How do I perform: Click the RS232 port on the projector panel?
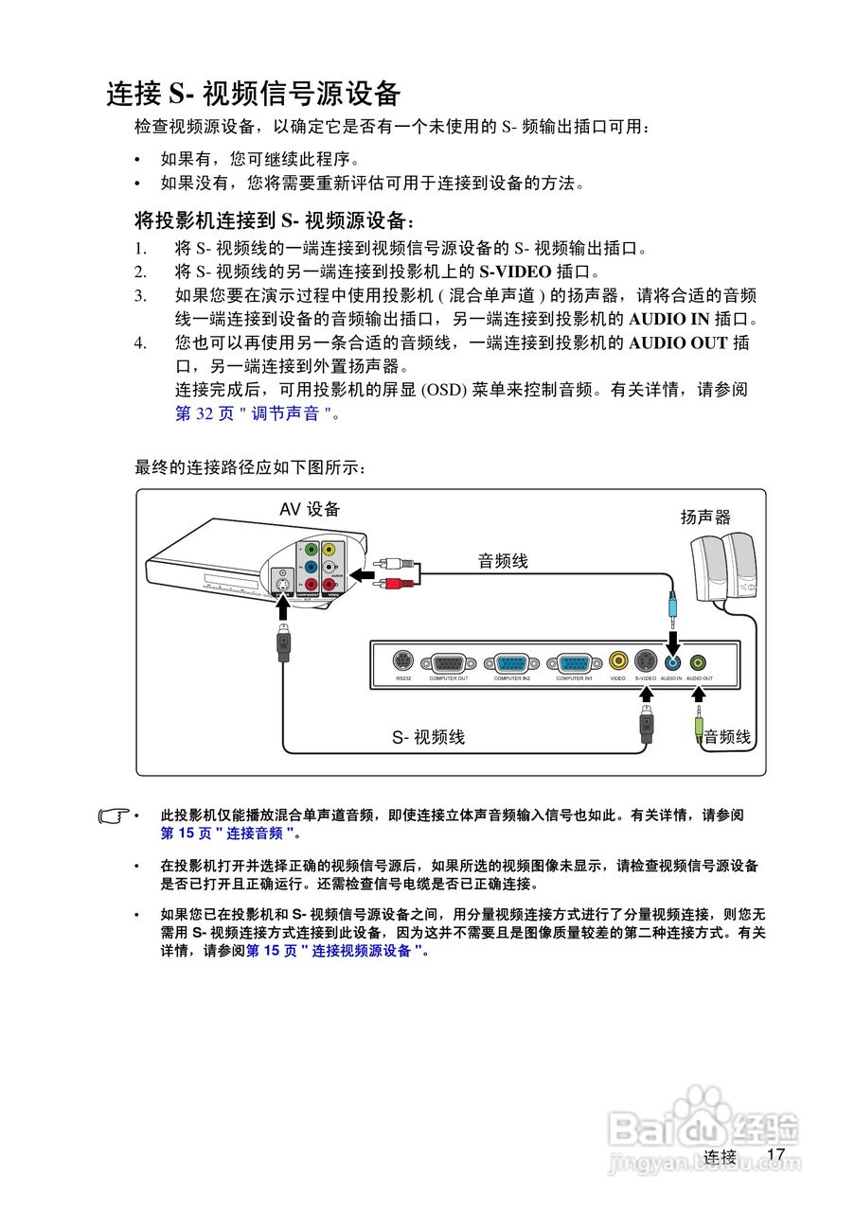[x=402, y=661]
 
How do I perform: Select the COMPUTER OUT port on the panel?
[x=448, y=662]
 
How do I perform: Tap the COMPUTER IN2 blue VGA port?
[x=511, y=662]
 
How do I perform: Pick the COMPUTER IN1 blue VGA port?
[x=574, y=662]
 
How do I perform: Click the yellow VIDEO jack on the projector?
[x=618, y=661]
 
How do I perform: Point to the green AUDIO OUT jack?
[x=699, y=662]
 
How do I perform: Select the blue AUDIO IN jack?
[x=672, y=662]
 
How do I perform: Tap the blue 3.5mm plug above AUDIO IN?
[x=672, y=605]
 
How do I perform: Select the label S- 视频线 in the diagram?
[x=429, y=737]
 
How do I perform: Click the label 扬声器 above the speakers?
[x=705, y=518]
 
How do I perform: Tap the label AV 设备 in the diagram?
[x=310, y=510]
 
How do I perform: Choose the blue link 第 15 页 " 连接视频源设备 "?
[x=334, y=951]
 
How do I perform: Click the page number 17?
[x=776, y=1154]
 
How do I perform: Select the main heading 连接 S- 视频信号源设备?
[x=254, y=94]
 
